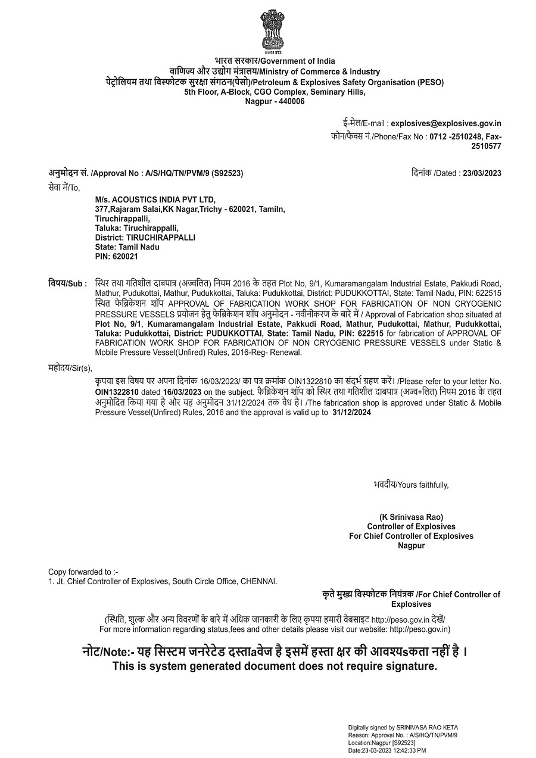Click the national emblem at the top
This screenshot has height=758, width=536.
coord(272,30)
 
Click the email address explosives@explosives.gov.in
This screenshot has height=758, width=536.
coord(446,124)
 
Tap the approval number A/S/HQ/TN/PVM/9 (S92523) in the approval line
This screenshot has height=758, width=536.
coord(194,173)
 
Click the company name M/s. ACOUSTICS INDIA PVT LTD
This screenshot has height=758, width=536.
coord(155,199)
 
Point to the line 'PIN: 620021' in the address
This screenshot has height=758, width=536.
coord(117,257)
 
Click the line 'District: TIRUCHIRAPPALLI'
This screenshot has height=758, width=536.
coord(145,238)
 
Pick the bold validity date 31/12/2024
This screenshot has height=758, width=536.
coord(351,412)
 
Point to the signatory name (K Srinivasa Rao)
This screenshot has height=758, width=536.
coord(411,517)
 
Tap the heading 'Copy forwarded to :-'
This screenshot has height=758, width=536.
coord(83,571)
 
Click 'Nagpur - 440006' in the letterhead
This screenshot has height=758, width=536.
coord(275,101)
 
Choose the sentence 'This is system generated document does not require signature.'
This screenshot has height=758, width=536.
coord(275,666)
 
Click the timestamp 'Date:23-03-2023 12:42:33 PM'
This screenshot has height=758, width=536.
coord(387,751)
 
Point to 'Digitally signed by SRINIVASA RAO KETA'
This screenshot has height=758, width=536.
coord(403,728)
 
